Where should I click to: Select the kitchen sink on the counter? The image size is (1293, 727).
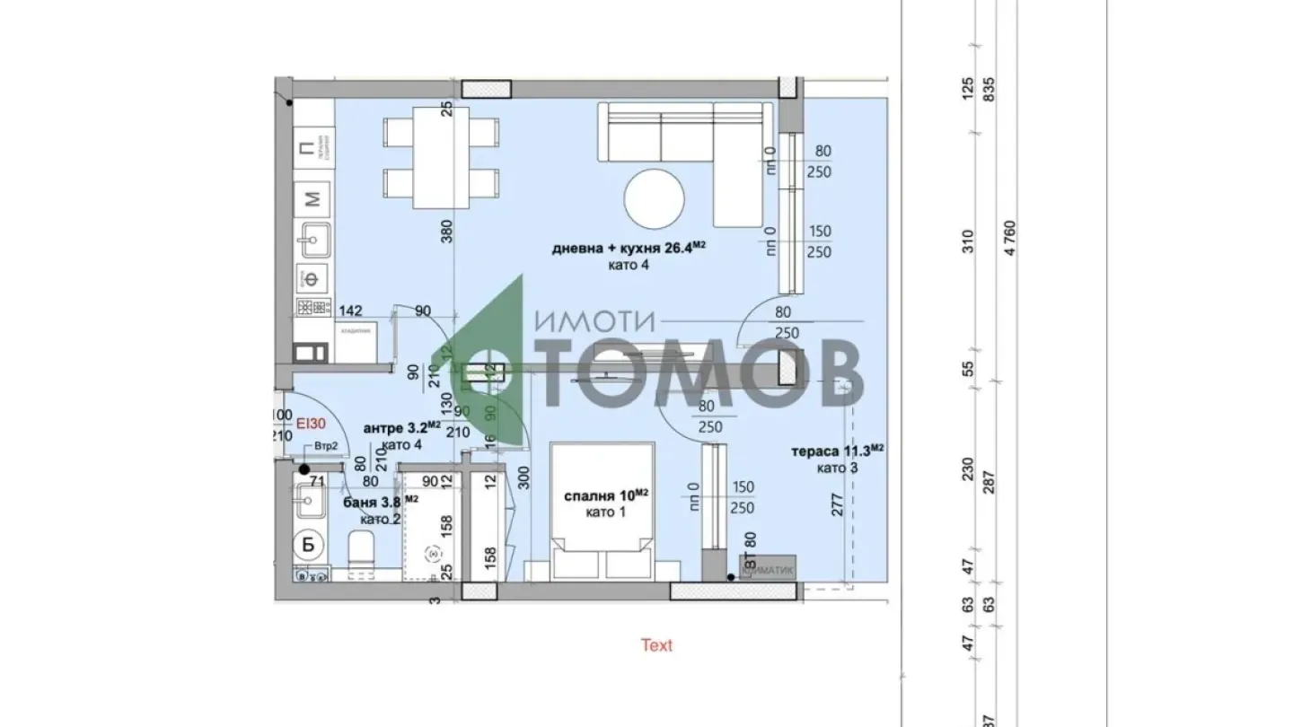314,241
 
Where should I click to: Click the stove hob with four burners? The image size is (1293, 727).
314,308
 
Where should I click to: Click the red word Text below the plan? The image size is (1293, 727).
656,645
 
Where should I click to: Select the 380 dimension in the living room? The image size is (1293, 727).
448,231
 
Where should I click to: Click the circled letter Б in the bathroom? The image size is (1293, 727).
308,544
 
